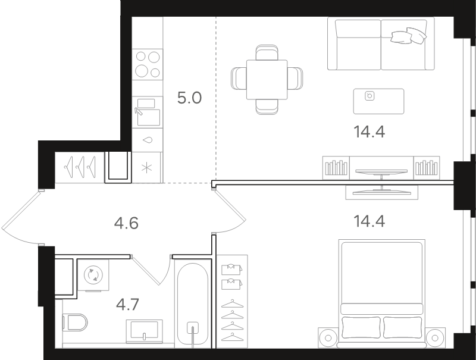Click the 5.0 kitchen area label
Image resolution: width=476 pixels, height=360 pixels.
pyautogui.click(x=189, y=98)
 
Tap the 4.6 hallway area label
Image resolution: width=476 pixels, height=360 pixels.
pyautogui.click(x=126, y=223)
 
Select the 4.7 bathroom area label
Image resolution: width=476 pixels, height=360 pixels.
pyautogui.click(x=128, y=305)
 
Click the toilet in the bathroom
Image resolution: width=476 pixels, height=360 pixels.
pyautogui.click(x=75, y=323)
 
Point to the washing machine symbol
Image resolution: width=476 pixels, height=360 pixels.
pyautogui.click(x=93, y=275)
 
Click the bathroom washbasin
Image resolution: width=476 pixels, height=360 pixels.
pyautogui.click(x=144, y=331)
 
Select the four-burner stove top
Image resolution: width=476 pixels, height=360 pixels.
pyautogui.click(x=148, y=64)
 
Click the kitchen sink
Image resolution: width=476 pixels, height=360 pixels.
pyautogui.click(x=148, y=112)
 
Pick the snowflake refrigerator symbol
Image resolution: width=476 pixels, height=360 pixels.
pyautogui.click(x=147, y=168)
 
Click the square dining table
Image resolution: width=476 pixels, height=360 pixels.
pyautogui.click(x=267, y=80)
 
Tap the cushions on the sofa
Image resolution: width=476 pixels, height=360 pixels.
pyautogui.click(x=409, y=36)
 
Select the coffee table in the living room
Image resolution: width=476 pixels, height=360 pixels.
pyautogui.click(x=379, y=101)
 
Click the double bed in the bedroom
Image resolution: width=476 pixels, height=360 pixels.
pyautogui.click(x=382, y=293)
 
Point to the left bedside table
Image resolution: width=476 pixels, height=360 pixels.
pyautogui.click(x=328, y=337)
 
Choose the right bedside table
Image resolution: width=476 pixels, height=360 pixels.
pyautogui.click(x=436, y=337)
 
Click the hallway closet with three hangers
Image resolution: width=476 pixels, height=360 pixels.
pyautogui.click(x=80, y=168)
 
